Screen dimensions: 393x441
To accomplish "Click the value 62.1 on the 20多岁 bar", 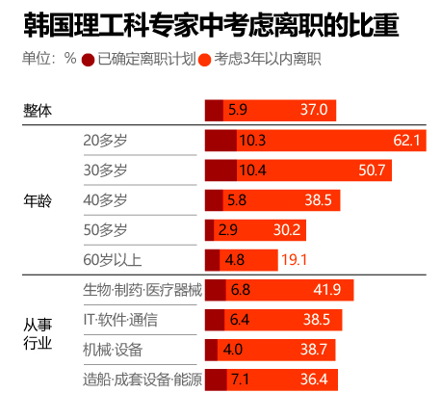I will tap(407, 141).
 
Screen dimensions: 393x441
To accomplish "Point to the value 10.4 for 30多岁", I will tap(251, 170).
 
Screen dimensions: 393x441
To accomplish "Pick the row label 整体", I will tap(38, 111).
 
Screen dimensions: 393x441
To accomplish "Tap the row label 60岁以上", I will tap(112, 259).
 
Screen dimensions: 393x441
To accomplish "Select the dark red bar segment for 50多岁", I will tap(209, 230).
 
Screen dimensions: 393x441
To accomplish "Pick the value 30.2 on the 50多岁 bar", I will tap(288, 230).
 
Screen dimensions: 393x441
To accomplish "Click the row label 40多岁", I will tap(105, 200).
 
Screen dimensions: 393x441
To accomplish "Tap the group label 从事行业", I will tap(38, 333).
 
